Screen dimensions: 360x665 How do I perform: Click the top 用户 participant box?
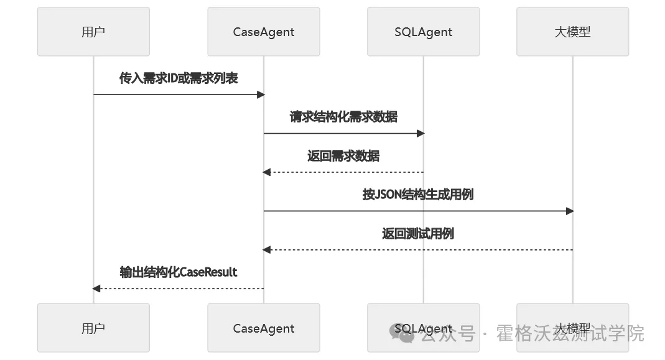(x=93, y=32)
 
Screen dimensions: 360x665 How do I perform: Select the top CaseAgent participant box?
(x=264, y=32)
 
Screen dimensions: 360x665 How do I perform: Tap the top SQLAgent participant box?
(x=423, y=32)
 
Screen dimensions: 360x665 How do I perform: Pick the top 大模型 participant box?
(x=572, y=32)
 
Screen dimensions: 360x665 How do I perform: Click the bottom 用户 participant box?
(x=93, y=328)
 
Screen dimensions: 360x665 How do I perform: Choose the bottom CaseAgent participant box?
(x=264, y=328)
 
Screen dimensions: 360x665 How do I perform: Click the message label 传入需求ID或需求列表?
(x=179, y=78)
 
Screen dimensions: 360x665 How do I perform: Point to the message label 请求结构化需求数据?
(x=343, y=117)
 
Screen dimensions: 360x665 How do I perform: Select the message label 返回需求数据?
(x=343, y=156)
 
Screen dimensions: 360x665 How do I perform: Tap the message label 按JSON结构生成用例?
(x=418, y=195)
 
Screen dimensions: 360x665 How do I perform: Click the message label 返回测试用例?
(x=418, y=234)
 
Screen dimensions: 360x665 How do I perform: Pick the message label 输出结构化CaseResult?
(x=179, y=272)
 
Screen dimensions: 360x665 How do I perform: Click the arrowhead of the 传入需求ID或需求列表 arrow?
(x=261, y=95)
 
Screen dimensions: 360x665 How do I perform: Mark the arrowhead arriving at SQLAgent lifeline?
(x=421, y=134)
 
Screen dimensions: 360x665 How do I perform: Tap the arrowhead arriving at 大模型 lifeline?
(x=570, y=211)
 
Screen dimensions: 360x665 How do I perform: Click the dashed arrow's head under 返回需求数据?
(x=267, y=172)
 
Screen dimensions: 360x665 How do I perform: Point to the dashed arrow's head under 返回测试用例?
(x=267, y=250)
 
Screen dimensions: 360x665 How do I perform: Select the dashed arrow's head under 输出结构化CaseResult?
(x=96, y=288)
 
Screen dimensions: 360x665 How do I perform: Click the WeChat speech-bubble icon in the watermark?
(x=401, y=334)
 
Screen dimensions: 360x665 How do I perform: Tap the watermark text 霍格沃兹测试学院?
(x=570, y=334)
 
